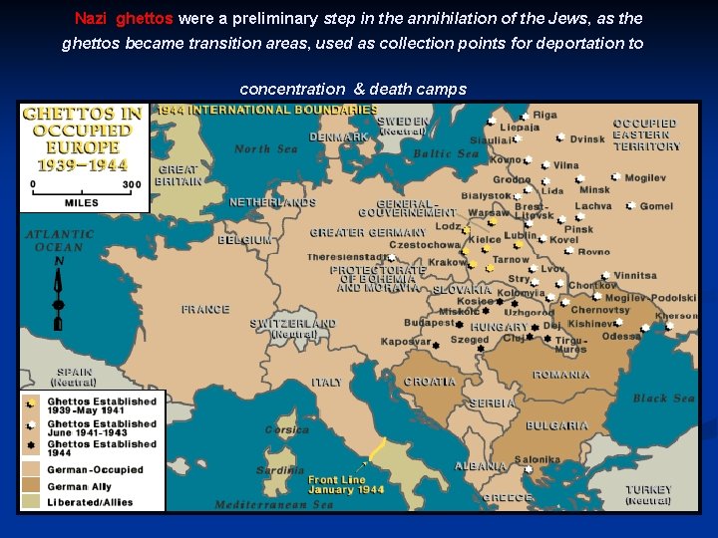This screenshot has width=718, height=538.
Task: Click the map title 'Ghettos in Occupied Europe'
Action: (x=83, y=138)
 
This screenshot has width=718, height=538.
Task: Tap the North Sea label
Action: (x=265, y=149)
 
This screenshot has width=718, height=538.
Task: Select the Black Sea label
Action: (x=663, y=399)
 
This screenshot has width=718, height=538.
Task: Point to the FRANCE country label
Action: (x=205, y=310)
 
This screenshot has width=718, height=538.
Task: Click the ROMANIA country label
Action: (x=560, y=375)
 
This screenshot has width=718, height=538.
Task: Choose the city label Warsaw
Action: (x=488, y=212)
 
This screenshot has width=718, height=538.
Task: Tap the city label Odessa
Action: (x=621, y=337)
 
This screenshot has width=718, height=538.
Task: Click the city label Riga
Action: (x=544, y=116)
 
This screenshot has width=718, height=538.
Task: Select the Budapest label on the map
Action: (x=429, y=323)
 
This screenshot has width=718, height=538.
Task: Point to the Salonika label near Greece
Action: (x=538, y=460)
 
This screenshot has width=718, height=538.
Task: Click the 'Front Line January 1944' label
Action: (x=344, y=484)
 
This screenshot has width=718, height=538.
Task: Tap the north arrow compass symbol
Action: (x=59, y=294)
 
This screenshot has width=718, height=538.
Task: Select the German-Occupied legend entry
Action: (x=95, y=469)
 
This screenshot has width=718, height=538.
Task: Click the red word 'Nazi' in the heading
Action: (x=91, y=19)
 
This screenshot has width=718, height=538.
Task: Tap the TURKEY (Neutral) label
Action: (x=648, y=495)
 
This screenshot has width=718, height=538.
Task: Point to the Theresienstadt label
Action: (x=344, y=257)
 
